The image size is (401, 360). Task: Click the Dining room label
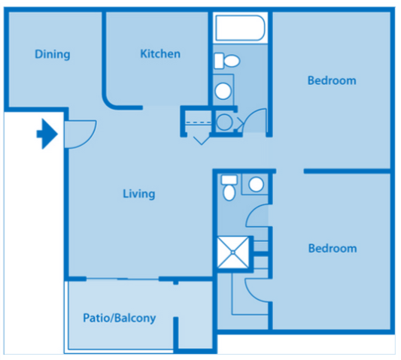[52, 54]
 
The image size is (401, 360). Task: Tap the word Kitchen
[160, 54]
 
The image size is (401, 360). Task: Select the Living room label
[138, 194]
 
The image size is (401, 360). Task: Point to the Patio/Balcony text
[119, 318]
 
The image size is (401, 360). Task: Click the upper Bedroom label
[332, 80]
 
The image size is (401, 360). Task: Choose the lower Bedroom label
[332, 249]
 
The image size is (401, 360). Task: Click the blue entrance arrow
[47, 135]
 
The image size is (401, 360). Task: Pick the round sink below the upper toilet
[223, 91]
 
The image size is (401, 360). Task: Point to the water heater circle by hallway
[224, 122]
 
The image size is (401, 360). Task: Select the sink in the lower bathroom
[257, 184]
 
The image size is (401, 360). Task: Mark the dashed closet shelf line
[199, 122]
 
